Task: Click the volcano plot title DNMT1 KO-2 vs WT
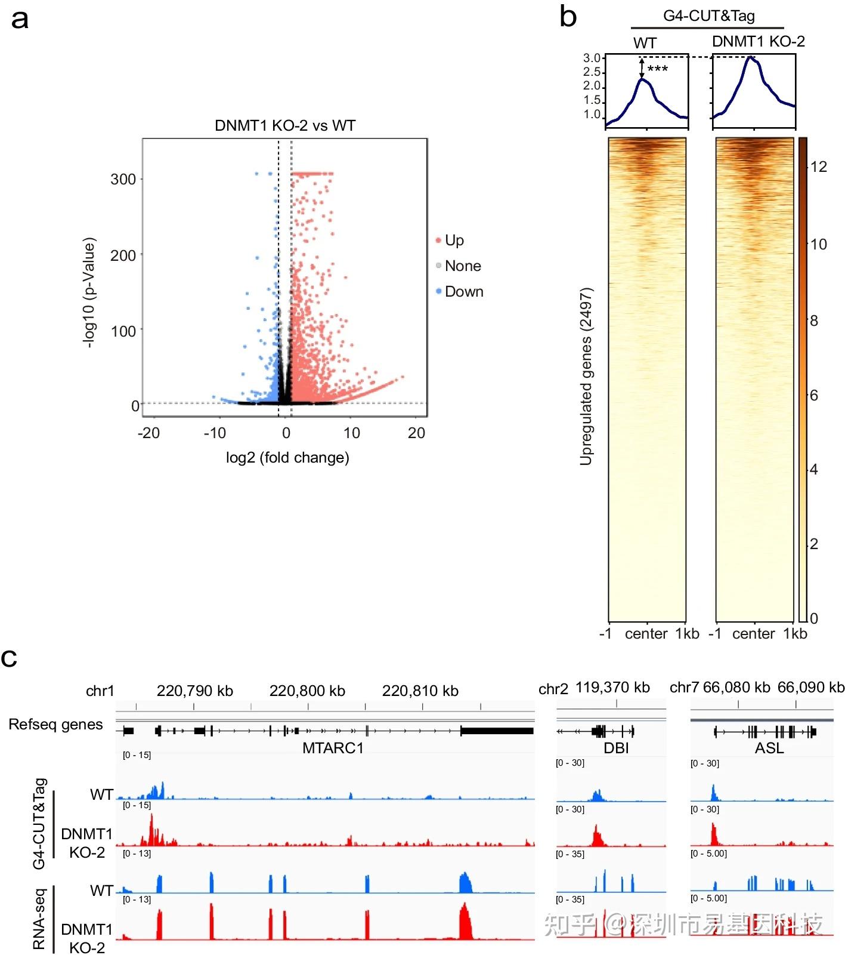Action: tap(285, 126)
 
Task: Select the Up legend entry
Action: tap(454, 241)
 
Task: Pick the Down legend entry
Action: tap(463, 292)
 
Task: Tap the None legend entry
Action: tap(462, 266)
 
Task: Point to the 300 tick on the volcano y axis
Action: tap(123, 180)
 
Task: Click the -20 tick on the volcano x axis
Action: tap(148, 433)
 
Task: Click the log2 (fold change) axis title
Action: tap(287, 458)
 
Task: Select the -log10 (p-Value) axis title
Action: tap(89, 292)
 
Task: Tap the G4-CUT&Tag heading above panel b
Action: tap(708, 16)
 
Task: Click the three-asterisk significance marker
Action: tap(657, 69)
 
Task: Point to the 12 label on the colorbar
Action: tap(819, 167)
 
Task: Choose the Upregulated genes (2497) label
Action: tap(586, 376)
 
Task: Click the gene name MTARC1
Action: tap(333, 748)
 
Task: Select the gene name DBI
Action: tap(616, 748)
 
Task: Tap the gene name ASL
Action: tap(769, 748)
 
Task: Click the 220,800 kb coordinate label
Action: tap(307, 691)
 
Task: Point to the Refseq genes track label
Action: tap(55, 725)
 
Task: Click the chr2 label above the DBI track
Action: tap(553, 689)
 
